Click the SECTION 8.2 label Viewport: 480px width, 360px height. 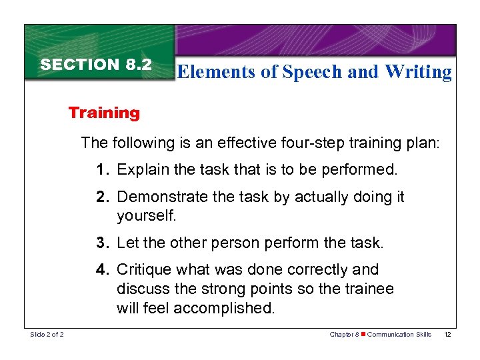(96, 65)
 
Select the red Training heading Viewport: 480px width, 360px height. (104, 113)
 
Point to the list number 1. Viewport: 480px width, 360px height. (101, 170)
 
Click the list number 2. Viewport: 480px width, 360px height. (101, 197)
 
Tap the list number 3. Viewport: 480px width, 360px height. (101, 243)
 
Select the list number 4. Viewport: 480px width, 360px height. (101, 270)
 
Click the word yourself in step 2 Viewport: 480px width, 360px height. (145, 216)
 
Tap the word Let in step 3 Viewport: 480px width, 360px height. (127, 243)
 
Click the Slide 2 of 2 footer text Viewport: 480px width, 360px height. (47, 335)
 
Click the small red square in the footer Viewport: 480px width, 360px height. (363, 335)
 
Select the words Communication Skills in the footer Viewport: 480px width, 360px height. (399, 335)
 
